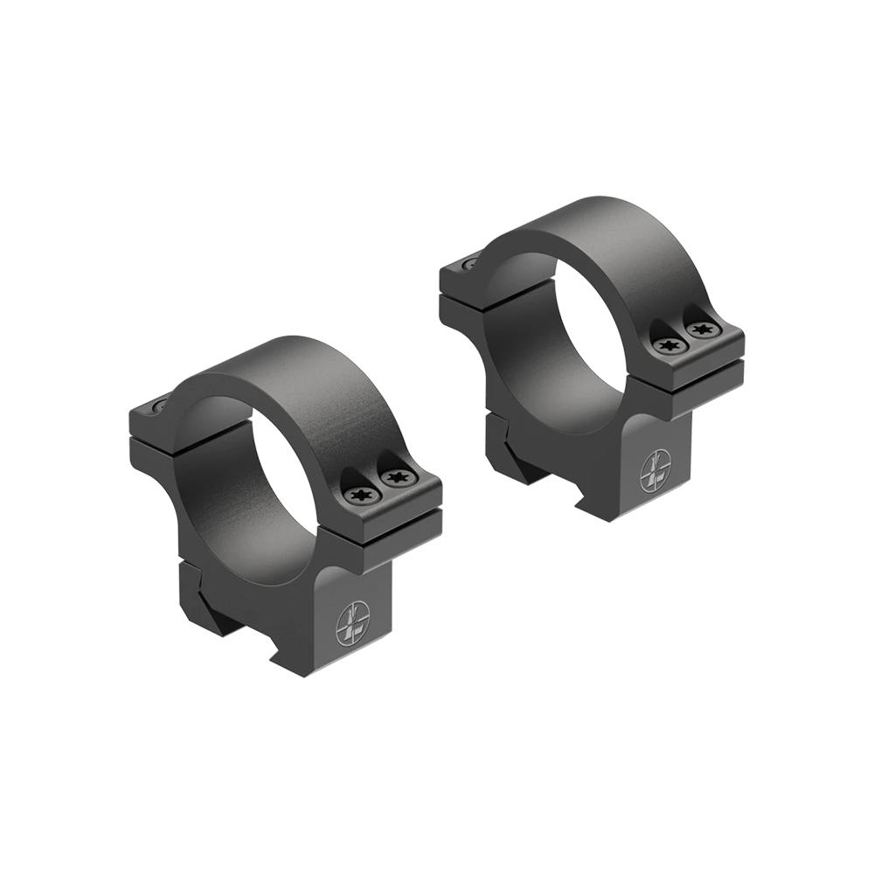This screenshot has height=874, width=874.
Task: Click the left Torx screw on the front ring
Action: click(x=358, y=496)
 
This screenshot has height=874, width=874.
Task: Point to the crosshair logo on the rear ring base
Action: click(x=656, y=472)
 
